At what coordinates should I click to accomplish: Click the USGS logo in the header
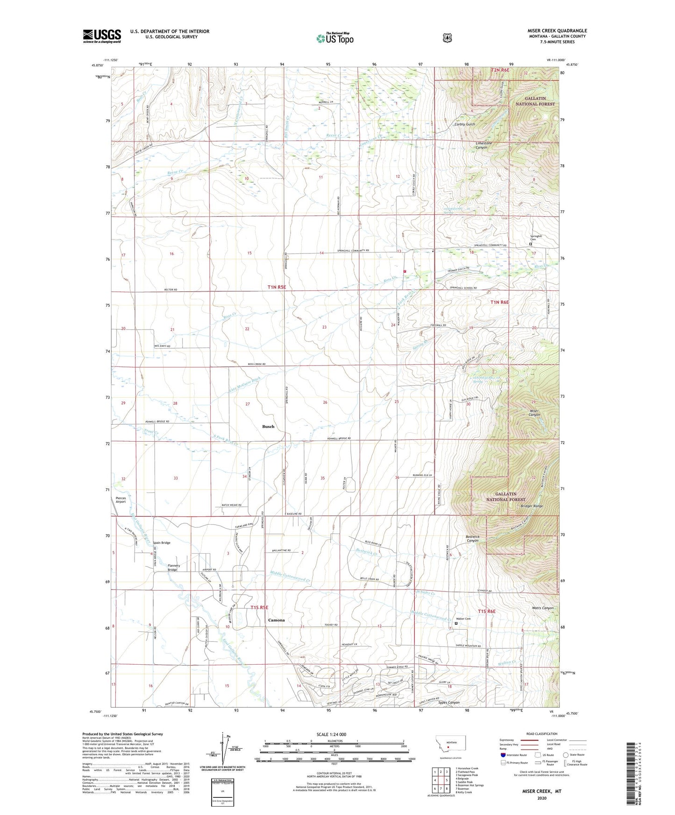[102, 36]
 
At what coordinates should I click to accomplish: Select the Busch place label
[268, 427]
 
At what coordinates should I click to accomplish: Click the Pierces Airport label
[121, 500]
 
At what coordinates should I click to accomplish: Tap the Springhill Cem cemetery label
[536, 238]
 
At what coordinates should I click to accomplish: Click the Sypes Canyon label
[449, 703]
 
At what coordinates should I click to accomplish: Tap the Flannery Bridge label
[174, 568]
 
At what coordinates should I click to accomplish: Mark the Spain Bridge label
[162, 543]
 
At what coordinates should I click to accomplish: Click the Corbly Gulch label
[465, 125]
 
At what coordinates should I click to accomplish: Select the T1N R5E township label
[277, 288]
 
